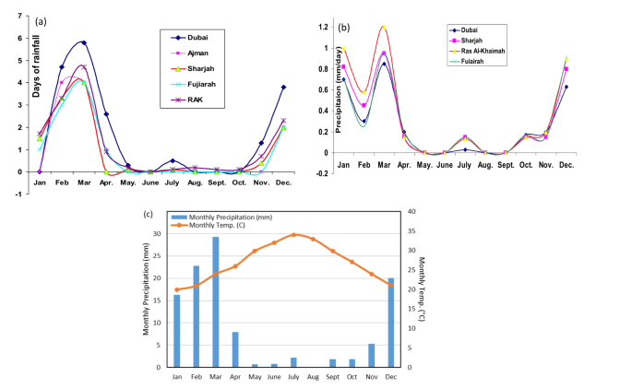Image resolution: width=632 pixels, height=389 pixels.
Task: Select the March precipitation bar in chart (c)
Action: [x=216, y=301]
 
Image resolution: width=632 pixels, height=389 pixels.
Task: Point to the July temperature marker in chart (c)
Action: [x=293, y=234]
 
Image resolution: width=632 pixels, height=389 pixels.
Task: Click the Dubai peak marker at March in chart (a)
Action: [x=84, y=42]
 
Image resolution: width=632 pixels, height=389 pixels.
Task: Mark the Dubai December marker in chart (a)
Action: [x=283, y=88]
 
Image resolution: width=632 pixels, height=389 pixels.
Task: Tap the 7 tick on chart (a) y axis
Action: [x=19, y=17]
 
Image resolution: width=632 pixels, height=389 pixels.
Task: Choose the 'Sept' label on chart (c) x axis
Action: [x=332, y=376]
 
